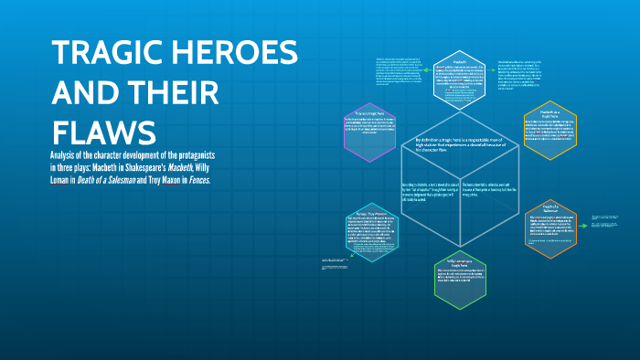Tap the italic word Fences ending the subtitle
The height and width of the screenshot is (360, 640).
(x=196, y=180)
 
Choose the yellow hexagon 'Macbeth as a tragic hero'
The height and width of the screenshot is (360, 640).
(x=547, y=130)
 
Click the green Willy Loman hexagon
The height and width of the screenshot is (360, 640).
(x=460, y=278)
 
